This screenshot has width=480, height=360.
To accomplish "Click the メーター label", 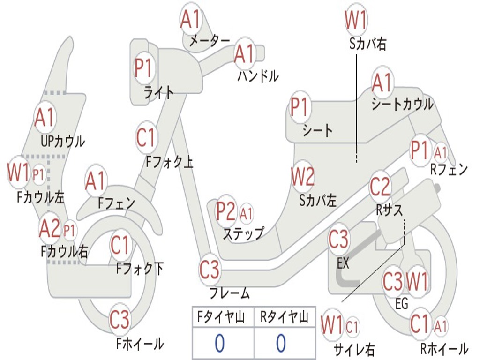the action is (210, 40).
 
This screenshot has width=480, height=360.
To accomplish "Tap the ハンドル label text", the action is (258, 76).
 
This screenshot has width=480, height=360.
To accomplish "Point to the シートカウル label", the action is (402, 104).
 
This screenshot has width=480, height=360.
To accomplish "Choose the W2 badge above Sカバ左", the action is (302, 177).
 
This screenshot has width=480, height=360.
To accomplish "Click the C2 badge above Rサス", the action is (380, 187).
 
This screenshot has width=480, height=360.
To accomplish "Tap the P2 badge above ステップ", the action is (226, 211).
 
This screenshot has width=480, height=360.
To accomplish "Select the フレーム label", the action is (230, 293).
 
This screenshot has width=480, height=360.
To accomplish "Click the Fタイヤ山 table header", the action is (221, 317).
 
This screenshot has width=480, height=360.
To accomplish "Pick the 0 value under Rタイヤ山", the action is (281, 343).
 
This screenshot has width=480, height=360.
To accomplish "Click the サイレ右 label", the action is (354, 350).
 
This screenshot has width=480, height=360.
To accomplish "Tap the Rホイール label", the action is (444, 348).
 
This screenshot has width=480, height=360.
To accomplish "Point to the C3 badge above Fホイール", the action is (120, 319).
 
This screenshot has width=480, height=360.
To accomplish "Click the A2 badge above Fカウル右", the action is (50, 229).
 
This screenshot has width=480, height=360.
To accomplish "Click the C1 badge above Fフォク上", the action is (146, 138).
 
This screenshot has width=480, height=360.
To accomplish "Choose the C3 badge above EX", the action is (338, 239).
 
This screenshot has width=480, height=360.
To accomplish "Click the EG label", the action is (402, 304).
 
